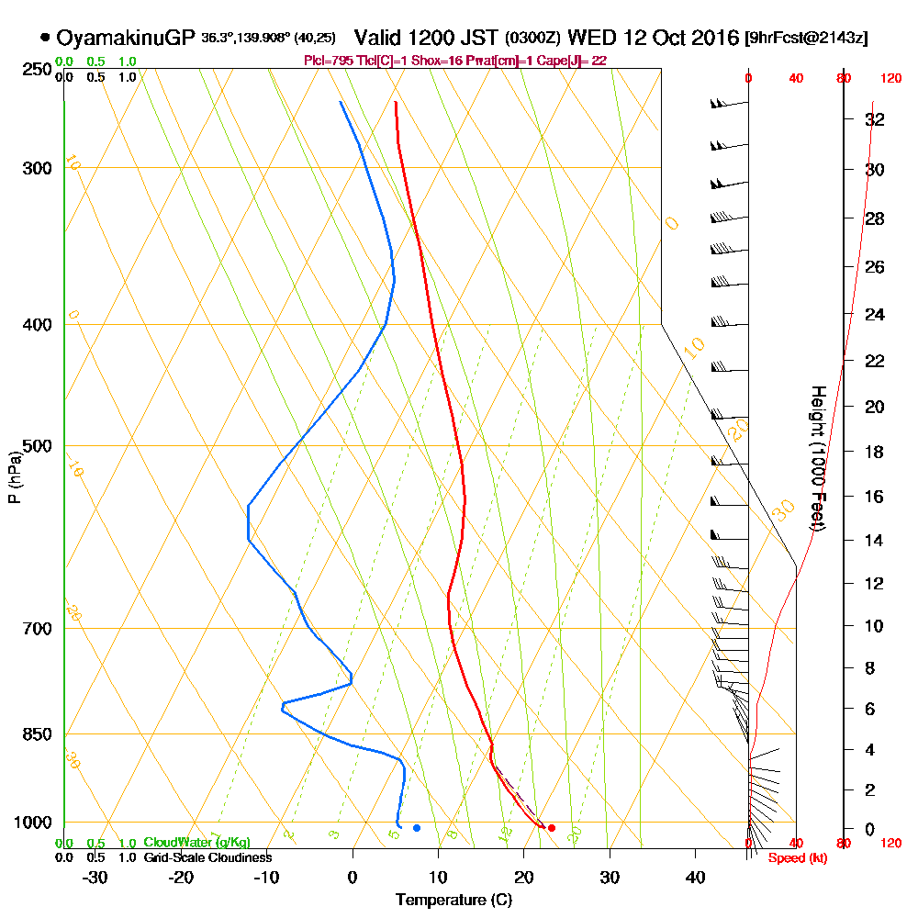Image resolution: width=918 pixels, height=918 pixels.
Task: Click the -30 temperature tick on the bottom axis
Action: click(95, 878)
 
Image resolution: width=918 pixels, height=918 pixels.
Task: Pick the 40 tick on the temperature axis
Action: click(696, 878)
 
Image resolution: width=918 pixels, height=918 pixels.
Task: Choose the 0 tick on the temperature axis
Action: click(353, 878)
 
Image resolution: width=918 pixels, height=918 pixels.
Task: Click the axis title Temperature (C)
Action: click(453, 901)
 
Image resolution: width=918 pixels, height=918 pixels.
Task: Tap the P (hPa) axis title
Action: click(14, 476)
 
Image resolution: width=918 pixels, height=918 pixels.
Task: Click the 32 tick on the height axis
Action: click(875, 119)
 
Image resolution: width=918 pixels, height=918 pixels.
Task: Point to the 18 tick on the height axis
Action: click(875, 452)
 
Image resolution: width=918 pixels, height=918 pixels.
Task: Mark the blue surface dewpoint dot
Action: click(417, 828)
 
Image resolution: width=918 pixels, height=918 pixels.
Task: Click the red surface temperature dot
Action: click(552, 828)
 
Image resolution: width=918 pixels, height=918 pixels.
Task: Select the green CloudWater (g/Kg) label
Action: click(196, 843)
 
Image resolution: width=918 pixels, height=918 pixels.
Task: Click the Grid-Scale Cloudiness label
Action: click(207, 857)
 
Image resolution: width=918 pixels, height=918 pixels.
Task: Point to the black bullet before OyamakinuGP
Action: click(45, 38)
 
